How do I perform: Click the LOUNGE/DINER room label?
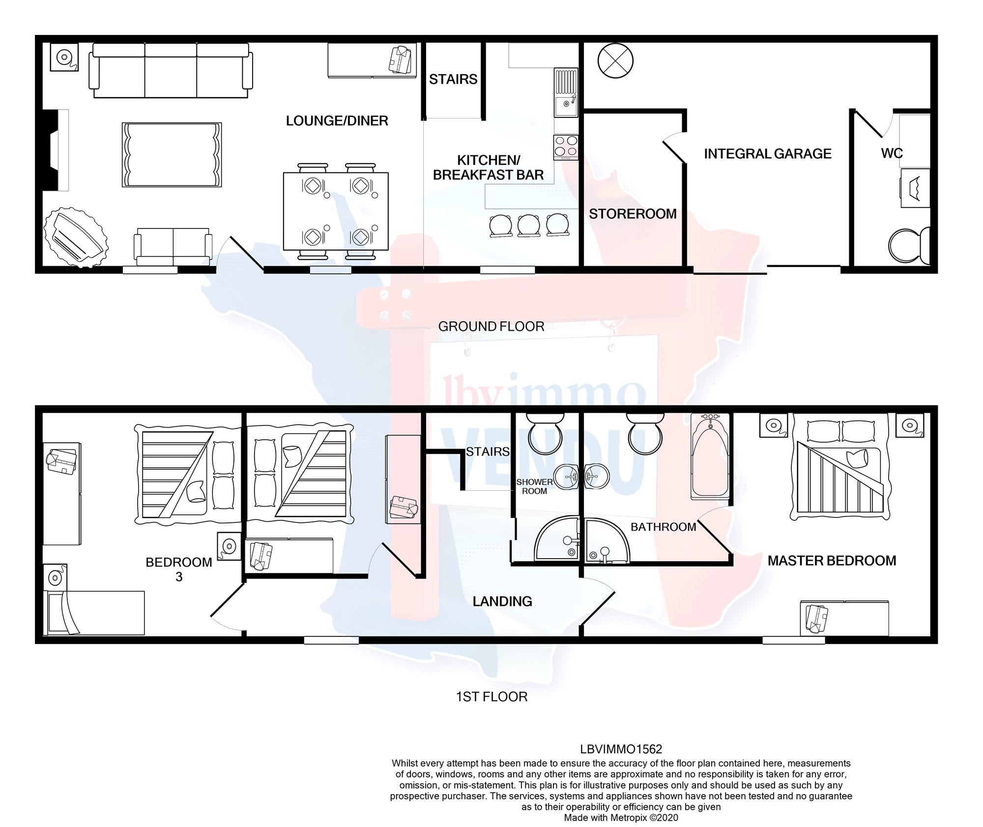click(x=337, y=120)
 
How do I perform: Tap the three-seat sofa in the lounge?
click(x=171, y=70)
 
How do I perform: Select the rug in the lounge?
click(x=172, y=155)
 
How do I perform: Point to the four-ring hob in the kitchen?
click(x=566, y=146)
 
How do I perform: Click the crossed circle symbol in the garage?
click(x=615, y=61)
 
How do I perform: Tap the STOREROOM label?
click(x=633, y=214)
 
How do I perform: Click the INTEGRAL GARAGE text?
click(x=767, y=154)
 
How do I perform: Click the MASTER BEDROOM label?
click(x=832, y=561)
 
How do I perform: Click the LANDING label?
click(x=502, y=601)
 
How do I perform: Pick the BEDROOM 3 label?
click(x=178, y=569)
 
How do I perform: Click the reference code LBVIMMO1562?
click(x=621, y=749)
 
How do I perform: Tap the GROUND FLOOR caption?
click(x=491, y=326)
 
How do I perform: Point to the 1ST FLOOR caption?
click(x=491, y=697)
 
